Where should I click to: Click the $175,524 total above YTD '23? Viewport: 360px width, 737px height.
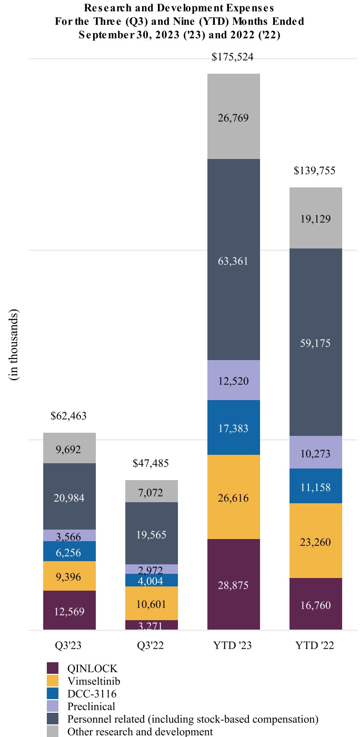click(x=233, y=57)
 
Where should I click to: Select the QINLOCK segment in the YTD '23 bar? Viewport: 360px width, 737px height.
click(x=233, y=584)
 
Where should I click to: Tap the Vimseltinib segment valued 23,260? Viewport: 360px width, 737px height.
click(x=315, y=541)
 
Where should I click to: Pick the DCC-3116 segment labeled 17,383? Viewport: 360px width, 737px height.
click(x=233, y=427)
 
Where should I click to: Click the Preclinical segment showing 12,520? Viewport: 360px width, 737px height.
click(x=233, y=380)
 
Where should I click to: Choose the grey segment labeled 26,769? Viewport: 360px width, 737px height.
click(x=233, y=117)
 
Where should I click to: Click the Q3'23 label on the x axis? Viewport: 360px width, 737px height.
click(x=69, y=646)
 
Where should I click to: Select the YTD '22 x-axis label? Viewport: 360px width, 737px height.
click(x=315, y=646)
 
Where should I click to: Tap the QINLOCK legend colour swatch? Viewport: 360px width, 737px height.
click(x=53, y=669)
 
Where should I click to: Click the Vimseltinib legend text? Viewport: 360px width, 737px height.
click(x=94, y=681)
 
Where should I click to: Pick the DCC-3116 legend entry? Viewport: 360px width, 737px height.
click(x=92, y=694)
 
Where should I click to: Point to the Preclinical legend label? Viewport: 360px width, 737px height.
click(x=91, y=706)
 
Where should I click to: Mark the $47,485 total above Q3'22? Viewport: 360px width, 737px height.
click(x=151, y=464)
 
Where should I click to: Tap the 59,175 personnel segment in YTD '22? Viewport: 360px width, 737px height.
click(x=315, y=343)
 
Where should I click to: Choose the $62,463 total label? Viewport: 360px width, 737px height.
click(x=69, y=416)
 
